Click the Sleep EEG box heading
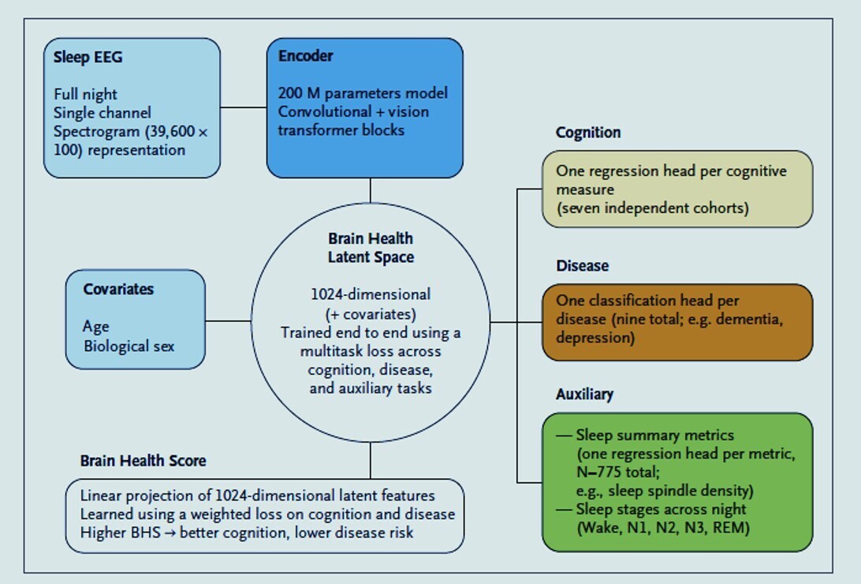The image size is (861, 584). tap(88, 58)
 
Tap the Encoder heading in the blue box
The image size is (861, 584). tap(305, 56)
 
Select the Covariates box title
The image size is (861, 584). tap(118, 290)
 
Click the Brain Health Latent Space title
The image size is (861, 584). tap(370, 247)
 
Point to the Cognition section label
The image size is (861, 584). tap(587, 133)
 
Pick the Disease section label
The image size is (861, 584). tap(582, 266)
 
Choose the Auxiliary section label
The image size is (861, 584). tap(584, 394)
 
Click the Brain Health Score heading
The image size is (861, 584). tap(143, 461)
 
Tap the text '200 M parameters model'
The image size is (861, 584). tap(362, 93)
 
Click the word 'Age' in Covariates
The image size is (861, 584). tap(95, 327)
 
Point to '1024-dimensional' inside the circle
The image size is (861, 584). tap(370, 294)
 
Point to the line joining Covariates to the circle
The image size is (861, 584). tap(228, 321)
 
